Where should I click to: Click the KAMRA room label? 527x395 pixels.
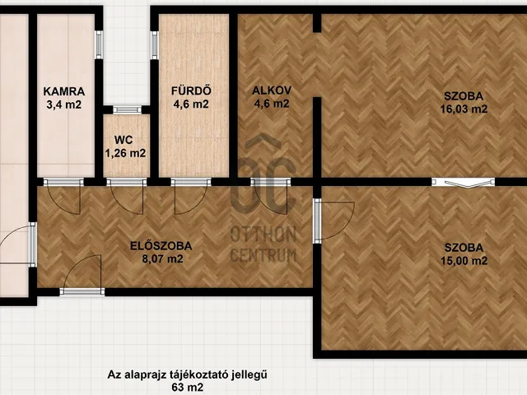[x=64, y=91]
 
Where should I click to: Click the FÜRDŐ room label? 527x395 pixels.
[x=189, y=91]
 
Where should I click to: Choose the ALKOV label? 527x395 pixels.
[x=270, y=91]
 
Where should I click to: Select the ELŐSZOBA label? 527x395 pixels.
[x=161, y=245]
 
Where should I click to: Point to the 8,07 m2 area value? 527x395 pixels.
[x=161, y=258]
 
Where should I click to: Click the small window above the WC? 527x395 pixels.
[x=127, y=109]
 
